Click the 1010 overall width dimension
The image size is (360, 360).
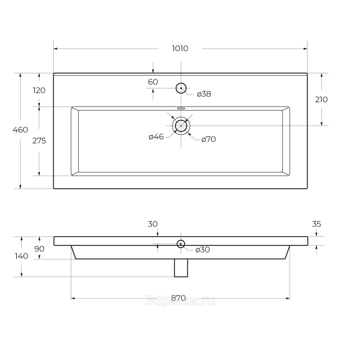pyautogui.click(x=180, y=49)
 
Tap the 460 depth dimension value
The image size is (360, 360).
pyautogui.click(x=21, y=130)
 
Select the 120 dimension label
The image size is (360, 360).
pyautogui.click(x=39, y=90)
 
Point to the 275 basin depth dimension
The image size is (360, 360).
pyautogui.click(x=39, y=140)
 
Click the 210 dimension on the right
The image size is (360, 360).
pyautogui.click(x=321, y=99)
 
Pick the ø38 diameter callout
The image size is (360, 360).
pyautogui.click(x=204, y=94)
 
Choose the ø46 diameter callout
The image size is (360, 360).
pyautogui.click(x=156, y=137)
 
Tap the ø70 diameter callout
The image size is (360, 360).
pyautogui.click(x=208, y=139)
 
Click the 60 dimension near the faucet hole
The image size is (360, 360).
pyautogui.click(x=153, y=82)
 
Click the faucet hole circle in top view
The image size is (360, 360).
pyautogui.click(x=181, y=83)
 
